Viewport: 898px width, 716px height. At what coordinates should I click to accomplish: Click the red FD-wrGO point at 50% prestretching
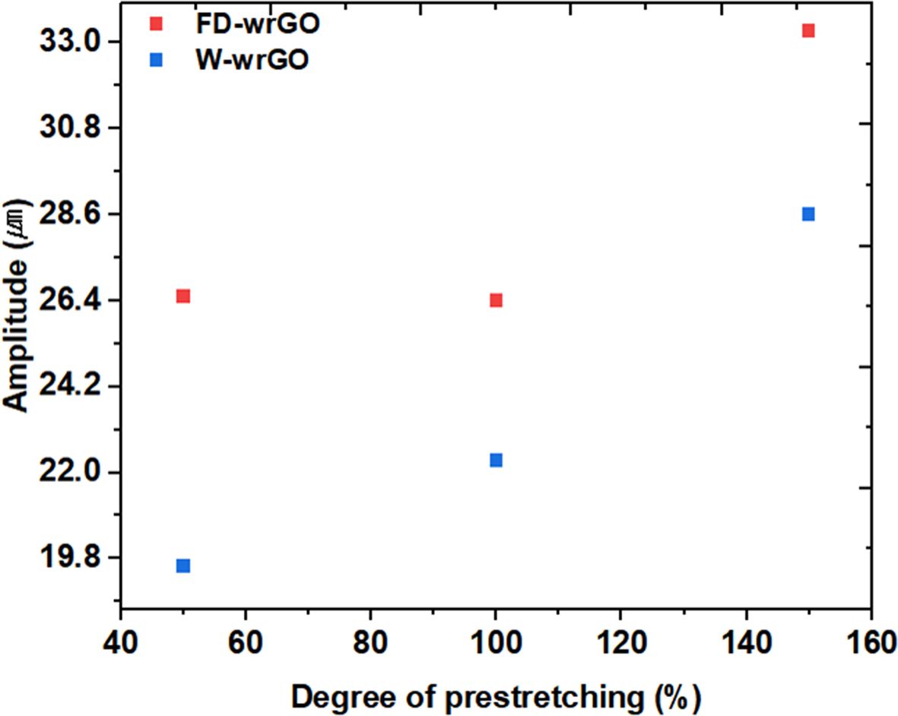pyautogui.click(x=182, y=296)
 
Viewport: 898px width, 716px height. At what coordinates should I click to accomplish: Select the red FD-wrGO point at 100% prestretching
pyautogui.click(x=496, y=300)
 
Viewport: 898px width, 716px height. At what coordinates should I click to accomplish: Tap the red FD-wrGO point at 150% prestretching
pyautogui.click(x=808, y=30)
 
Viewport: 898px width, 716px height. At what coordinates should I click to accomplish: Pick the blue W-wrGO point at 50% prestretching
pyautogui.click(x=182, y=566)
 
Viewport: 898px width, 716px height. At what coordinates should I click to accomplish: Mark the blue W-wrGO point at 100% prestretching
pyautogui.click(x=496, y=460)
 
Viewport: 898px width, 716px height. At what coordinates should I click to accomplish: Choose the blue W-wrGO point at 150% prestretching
pyautogui.click(x=808, y=214)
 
